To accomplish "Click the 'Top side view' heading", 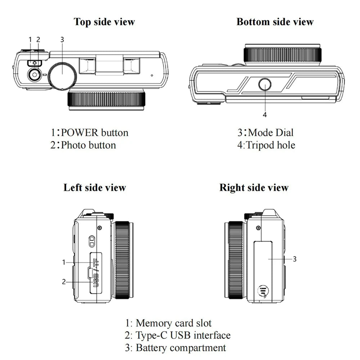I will pos(104,22).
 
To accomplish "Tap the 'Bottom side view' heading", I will pos(275,22).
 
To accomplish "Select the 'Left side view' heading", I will pos(95,188).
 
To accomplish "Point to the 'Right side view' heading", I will pos(254,188).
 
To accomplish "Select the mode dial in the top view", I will pos(62,75).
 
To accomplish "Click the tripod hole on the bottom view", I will pos(265,85).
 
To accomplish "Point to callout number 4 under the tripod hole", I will pos(265,115).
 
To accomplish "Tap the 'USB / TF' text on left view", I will pos(96,273).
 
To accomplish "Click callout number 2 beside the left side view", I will pos(64,282).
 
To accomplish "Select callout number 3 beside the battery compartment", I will pos(294,259).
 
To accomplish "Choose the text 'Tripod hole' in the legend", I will pos(270,145).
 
